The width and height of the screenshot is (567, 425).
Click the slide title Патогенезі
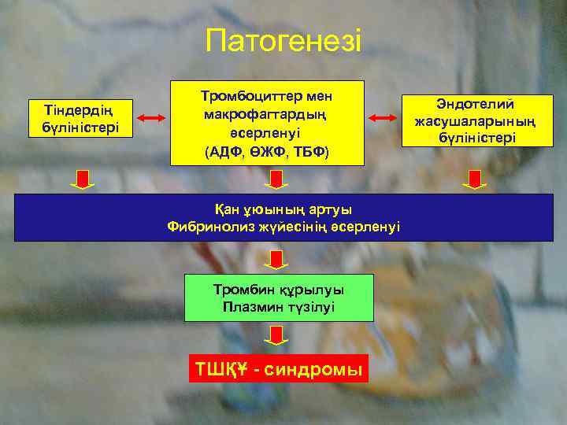283,41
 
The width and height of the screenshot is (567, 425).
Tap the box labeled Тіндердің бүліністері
80,117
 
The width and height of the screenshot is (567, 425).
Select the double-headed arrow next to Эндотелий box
383,118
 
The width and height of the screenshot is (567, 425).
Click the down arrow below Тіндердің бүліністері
82,179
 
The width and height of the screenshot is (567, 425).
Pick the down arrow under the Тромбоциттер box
276,179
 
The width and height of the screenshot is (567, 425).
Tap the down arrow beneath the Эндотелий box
474,179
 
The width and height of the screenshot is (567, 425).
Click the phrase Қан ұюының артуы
283,209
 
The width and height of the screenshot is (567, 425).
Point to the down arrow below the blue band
276,259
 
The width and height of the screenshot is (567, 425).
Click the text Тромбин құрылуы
279,289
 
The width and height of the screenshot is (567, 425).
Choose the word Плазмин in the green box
251,306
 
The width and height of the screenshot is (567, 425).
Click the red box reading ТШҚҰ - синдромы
279,368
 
